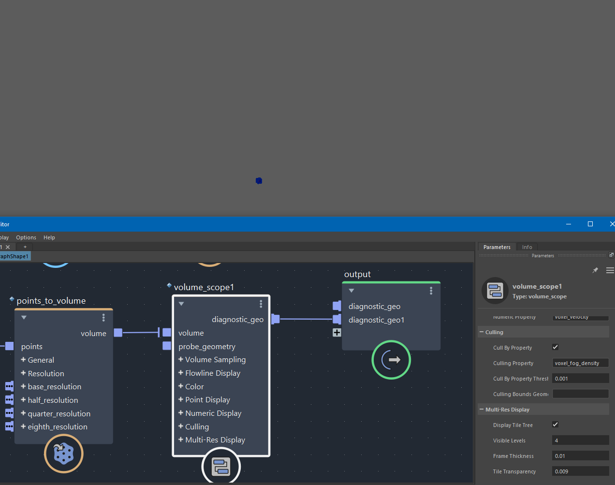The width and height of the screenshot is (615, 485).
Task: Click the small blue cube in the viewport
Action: click(x=259, y=181)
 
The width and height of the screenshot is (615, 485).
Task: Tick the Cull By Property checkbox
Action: click(x=555, y=347)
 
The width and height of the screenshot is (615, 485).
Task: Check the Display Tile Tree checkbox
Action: click(x=555, y=425)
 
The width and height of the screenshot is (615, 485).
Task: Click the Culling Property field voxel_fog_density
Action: click(x=580, y=363)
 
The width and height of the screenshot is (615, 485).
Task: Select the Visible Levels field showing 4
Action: click(x=580, y=441)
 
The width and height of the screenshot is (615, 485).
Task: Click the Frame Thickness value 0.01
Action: click(x=580, y=456)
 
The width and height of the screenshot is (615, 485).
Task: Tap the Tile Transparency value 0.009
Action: click(x=580, y=471)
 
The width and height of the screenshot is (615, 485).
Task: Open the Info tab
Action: click(x=527, y=247)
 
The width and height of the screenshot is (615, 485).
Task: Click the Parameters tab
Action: click(x=497, y=247)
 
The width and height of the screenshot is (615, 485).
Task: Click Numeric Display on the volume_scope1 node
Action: click(x=213, y=413)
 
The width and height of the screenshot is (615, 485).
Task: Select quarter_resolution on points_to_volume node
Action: click(x=59, y=414)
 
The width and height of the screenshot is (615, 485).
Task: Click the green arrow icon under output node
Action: click(x=391, y=360)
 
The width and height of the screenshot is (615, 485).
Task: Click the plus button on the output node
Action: click(x=337, y=333)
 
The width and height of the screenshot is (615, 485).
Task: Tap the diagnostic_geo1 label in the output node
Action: click(x=376, y=320)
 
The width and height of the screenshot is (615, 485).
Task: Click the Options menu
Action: click(x=26, y=237)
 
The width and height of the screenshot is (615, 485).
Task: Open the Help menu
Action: click(x=49, y=237)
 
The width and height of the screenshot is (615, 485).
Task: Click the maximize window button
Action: click(x=590, y=224)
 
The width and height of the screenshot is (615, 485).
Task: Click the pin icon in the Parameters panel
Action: click(x=595, y=270)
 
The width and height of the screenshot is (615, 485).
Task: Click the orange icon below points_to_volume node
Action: click(x=64, y=454)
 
